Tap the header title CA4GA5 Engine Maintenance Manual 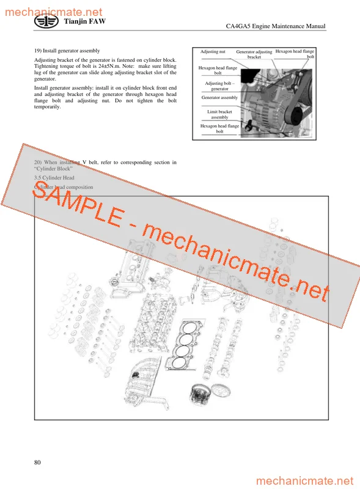tap(275, 26)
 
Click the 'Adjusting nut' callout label tap(213, 53)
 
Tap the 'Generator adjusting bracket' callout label tap(254, 55)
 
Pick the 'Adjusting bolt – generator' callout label tap(219, 86)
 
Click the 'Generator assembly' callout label tap(219, 98)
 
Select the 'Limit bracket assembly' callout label tap(219, 114)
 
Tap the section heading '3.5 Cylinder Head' tap(54, 177)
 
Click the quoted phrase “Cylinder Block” tap(54, 168)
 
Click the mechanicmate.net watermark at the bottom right tap(305, 481)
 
